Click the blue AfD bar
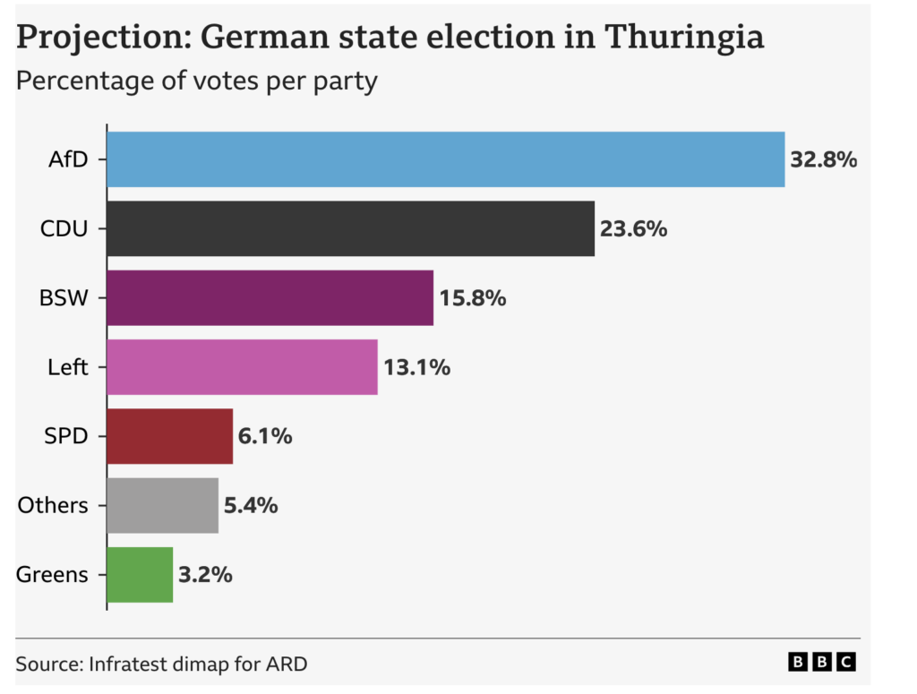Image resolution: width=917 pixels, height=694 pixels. click(x=445, y=159)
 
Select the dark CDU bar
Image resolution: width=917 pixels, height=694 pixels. click(x=350, y=228)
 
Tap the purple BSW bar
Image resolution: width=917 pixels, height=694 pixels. click(x=270, y=297)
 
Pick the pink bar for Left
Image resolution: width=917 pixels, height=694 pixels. click(x=242, y=366)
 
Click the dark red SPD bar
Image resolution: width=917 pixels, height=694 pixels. click(x=169, y=436)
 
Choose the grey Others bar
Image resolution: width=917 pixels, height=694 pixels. click(x=162, y=505)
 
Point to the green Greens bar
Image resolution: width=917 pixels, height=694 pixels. click(x=140, y=574)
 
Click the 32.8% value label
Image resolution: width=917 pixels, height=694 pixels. click(x=823, y=160)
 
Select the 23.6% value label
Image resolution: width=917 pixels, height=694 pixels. click(x=633, y=229)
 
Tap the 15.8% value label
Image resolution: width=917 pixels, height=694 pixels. click(x=472, y=298)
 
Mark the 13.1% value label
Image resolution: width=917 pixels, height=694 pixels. click(x=416, y=367)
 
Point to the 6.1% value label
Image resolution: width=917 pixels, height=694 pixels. click(x=265, y=437)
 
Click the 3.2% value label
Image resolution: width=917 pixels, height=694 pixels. click(x=205, y=575)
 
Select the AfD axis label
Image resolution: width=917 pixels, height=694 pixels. click(x=68, y=160)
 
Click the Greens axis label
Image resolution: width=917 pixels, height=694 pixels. click(x=52, y=575)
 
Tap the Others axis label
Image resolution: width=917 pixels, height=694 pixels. click(x=53, y=506)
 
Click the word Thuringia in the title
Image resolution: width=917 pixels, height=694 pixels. click(x=684, y=38)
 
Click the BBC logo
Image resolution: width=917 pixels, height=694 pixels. click(x=822, y=663)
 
